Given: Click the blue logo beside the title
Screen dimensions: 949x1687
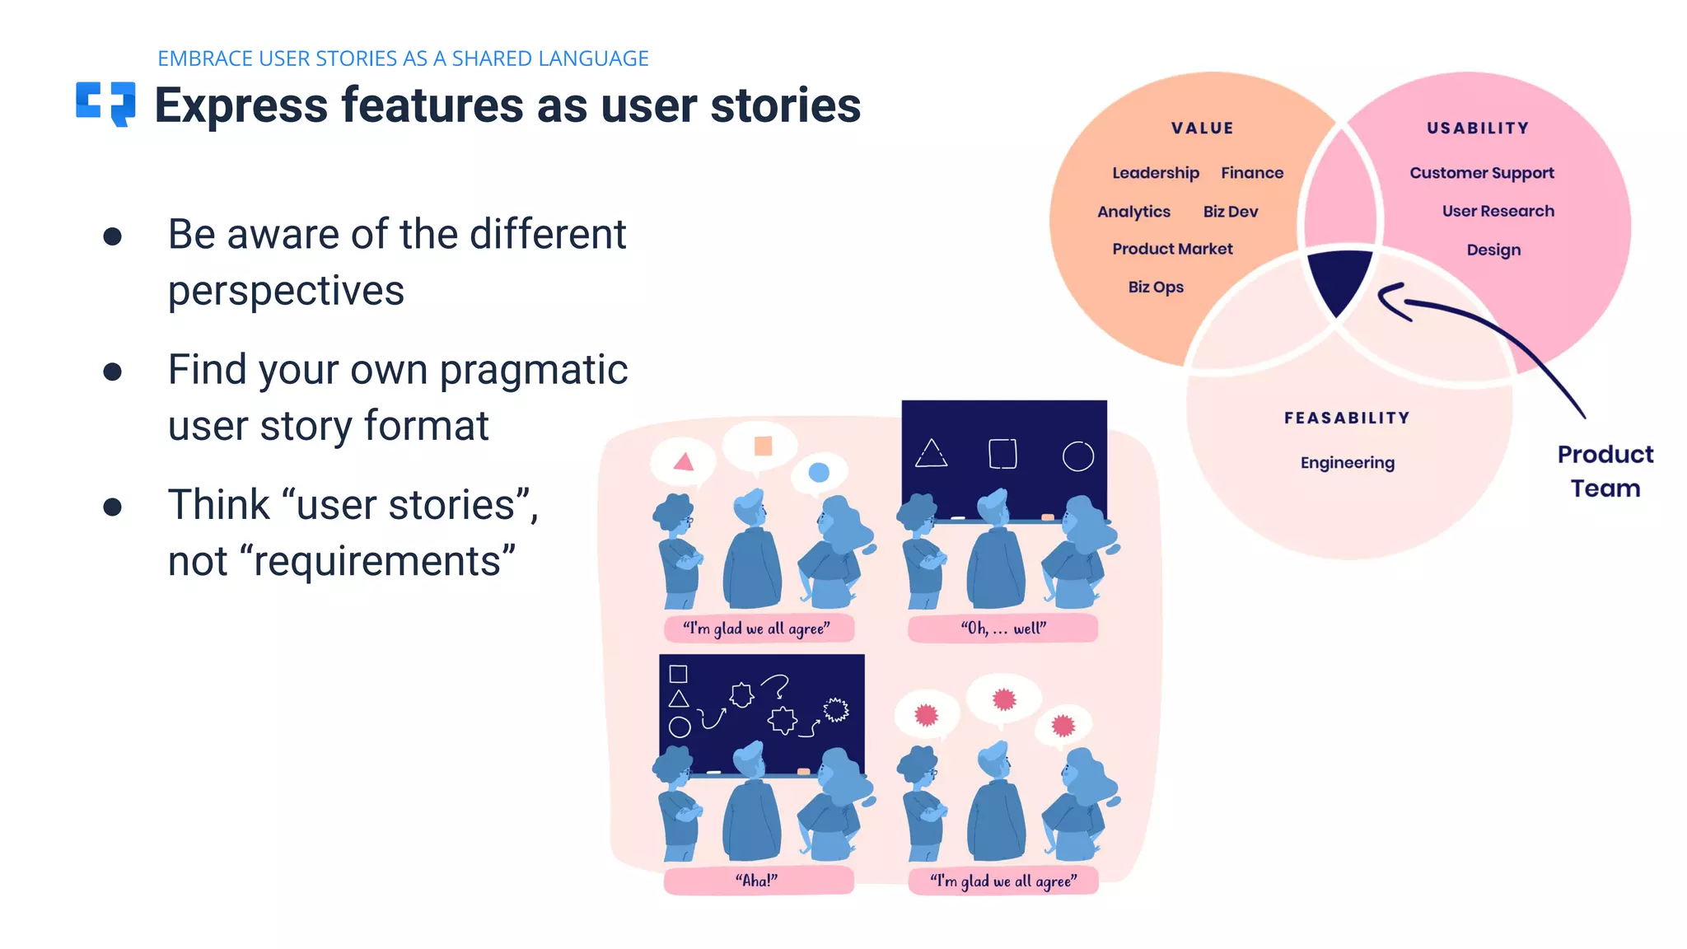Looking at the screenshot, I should [105, 104].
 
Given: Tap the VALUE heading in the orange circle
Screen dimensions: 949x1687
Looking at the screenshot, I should [1202, 129].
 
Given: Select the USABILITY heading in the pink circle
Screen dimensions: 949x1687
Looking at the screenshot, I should [1478, 129].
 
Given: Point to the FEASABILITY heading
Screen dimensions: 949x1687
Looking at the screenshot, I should [1347, 418].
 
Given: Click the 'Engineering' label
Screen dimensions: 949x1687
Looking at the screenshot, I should [1347, 463].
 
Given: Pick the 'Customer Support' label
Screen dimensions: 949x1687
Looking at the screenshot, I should [1481, 173].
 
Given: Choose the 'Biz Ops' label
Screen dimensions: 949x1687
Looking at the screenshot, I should [1155, 288].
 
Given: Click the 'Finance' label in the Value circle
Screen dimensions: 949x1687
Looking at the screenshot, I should [1251, 173].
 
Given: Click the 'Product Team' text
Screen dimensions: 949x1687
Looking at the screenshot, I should [1605, 471].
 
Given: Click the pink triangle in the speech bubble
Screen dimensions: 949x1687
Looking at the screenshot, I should [684, 462].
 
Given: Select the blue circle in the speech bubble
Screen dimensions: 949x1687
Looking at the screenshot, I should [818, 472].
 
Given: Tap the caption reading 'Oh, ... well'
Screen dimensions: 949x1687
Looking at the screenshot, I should [1002, 629].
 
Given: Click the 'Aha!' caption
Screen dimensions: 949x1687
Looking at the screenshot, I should [756, 881].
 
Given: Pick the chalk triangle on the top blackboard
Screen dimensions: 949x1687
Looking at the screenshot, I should [931, 454].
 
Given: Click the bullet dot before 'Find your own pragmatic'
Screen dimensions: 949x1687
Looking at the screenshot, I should [113, 372].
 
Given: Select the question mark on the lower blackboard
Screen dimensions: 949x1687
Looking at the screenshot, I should [776, 685].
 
